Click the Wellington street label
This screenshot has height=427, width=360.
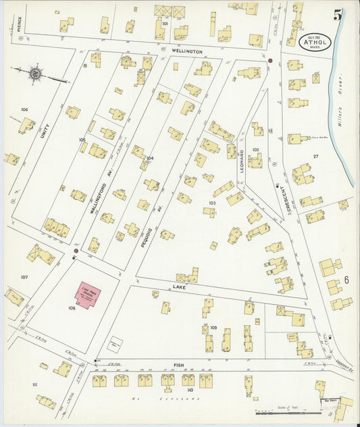point(182,51)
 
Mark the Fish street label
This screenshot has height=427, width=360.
point(178,366)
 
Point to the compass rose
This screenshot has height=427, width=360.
point(34,73)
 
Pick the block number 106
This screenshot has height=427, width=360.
point(24,109)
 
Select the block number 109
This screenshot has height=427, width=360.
point(213,327)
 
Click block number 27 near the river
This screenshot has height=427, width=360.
point(315,156)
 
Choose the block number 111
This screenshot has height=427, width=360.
point(34,384)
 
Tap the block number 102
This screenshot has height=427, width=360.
point(255,149)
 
